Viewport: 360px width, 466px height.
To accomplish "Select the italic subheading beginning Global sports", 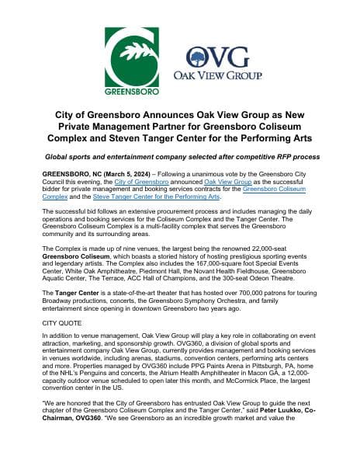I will [x=179, y=157].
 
